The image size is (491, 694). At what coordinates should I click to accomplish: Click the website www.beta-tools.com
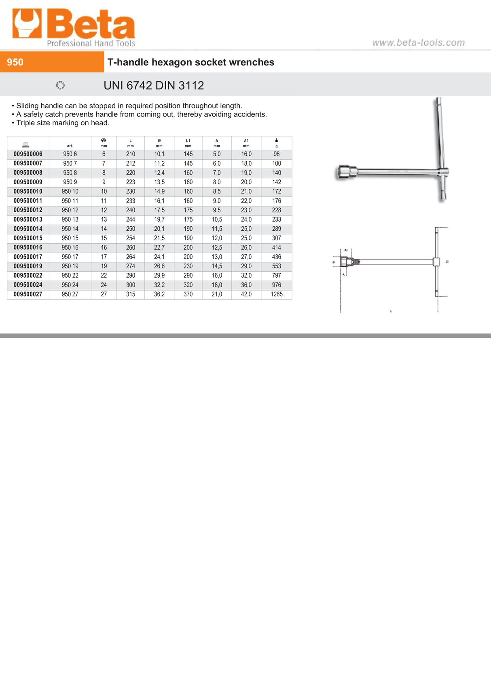(x=418, y=42)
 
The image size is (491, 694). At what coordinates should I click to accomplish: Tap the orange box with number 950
(x=52, y=62)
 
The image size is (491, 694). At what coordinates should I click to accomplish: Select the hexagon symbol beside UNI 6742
(x=60, y=85)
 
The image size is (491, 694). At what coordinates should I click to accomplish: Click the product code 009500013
(x=28, y=219)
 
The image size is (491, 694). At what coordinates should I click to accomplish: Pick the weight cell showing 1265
(x=277, y=294)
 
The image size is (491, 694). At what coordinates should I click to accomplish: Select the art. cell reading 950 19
(x=70, y=266)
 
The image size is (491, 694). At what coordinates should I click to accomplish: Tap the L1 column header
(x=188, y=143)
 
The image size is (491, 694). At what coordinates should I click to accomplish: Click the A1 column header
(x=246, y=143)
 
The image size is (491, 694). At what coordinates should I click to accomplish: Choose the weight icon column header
(x=277, y=143)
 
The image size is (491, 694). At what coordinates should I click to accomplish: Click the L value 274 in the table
(x=130, y=266)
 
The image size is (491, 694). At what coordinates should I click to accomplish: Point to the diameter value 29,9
(x=159, y=276)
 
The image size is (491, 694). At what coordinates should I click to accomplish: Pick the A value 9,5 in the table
(x=217, y=210)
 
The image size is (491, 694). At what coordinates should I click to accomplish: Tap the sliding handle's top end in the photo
(x=438, y=101)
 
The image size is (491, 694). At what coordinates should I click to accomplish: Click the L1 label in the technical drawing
(x=447, y=262)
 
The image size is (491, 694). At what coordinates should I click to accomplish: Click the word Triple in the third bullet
(x=25, y=123)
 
